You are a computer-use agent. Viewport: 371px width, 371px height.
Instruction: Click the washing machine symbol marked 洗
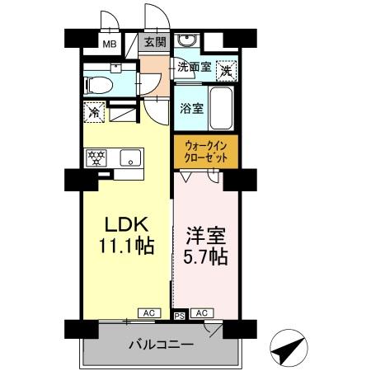(225, 71)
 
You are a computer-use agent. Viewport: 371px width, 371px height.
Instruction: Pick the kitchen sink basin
(130, 157)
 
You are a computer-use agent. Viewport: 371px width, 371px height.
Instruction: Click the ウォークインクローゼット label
(205, 152)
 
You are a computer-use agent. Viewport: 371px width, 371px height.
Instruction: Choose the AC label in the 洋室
(201, 313)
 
